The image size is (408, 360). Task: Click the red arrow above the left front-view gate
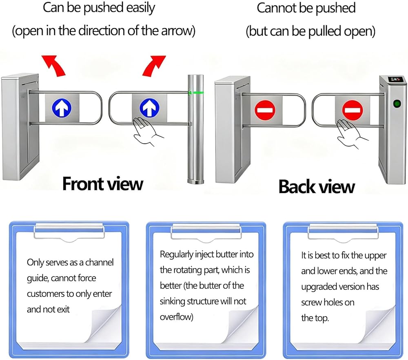point(54,66)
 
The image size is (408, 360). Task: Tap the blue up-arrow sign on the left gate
point(62,108)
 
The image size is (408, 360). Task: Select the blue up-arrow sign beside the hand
point(149,108)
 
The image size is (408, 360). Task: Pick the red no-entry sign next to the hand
point(352,110)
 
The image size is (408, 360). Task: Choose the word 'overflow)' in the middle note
point(176,317)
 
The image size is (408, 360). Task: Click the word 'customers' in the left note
point(45,294)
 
